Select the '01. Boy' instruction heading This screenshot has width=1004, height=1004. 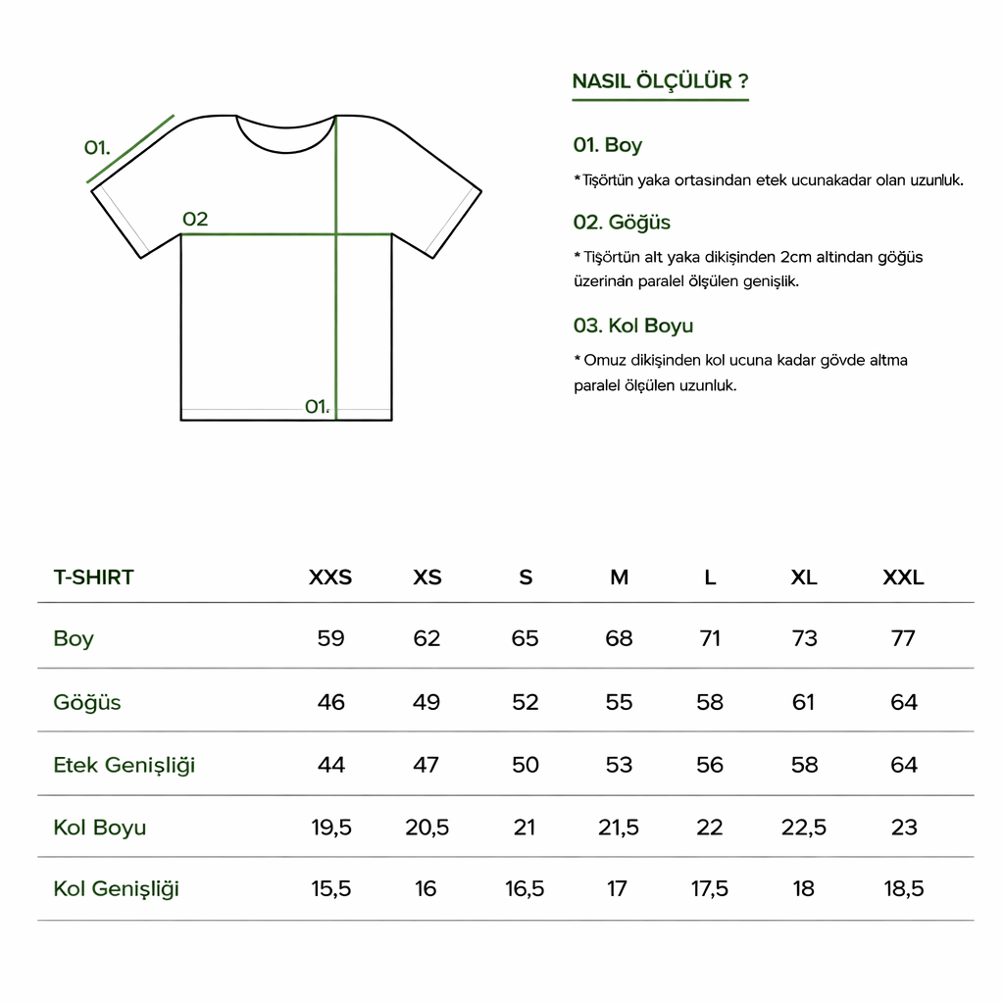[608, 145]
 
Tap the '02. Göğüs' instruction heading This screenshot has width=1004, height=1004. [622, 223]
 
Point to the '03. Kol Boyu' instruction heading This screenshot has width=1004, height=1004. [632, 326]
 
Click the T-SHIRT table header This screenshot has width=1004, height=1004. [93, 577]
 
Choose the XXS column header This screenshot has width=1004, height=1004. [330, 577]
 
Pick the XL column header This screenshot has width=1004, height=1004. [804, 577]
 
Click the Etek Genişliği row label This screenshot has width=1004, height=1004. [125, 765]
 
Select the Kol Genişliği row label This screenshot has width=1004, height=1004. [117, 889]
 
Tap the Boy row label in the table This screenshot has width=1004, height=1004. [74, 638]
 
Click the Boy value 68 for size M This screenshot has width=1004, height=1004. [619, 638]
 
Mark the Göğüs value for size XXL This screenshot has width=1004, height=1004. [903, 702]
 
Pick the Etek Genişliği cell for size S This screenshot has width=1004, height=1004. [525, 765]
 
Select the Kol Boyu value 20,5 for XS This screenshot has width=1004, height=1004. [427, 828]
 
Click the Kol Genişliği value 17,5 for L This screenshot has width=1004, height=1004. [710, 889]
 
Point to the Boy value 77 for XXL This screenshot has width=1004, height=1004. [903, 638]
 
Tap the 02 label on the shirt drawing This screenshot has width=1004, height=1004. [195, 219]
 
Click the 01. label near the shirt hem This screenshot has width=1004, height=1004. [317, 406]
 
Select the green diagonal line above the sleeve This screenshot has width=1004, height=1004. [131, 148]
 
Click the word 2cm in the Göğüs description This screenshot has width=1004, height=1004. [796, 257]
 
